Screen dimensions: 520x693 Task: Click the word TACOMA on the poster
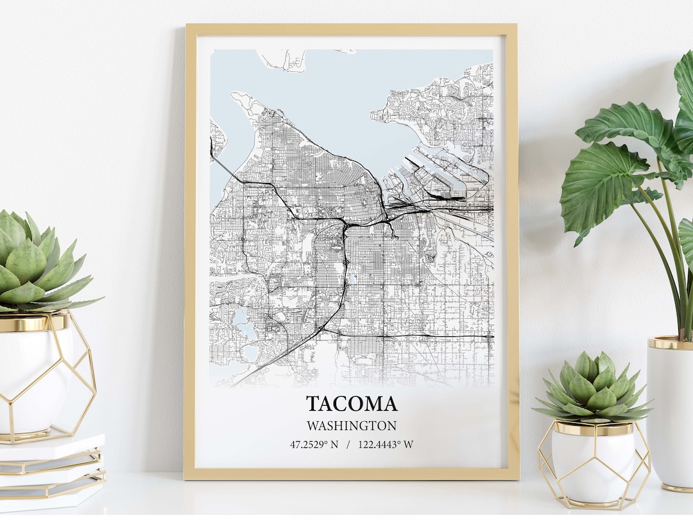coord(351,404)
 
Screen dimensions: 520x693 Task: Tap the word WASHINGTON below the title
coord(351,426)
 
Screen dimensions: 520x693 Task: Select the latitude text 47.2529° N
coord(314,444)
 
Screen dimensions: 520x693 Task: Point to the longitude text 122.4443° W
coord(386,444)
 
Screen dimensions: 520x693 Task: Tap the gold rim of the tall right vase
coord(671,343)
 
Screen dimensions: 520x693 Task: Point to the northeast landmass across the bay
coord(443,109)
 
